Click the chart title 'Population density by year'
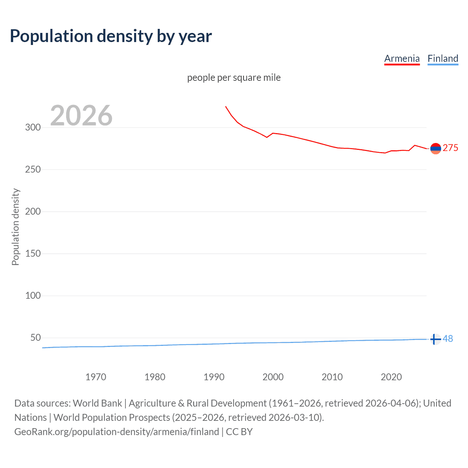[x=111, y=36]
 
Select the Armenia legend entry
[x=402, y=58]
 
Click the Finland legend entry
[x=443, y=58]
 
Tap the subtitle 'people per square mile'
[x=234, y=78]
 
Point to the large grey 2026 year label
[x=81, y=116]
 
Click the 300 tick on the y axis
[x=33, y=128]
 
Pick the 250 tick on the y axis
[x=33, y=170]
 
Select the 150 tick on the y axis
[x=33, y=254]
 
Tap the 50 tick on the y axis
[x=35, y=338]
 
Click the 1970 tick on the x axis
[x=96, y=377]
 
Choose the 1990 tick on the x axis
[x=214, y=377]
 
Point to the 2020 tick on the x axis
[x=391, y=377]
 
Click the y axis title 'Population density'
[x=15, y=227]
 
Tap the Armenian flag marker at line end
[x=435, y=148]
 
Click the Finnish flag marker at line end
[x=435, y=339]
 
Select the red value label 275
[x=450, y=148]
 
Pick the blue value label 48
[x=448, y=339]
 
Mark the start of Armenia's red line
[x=226, y=106]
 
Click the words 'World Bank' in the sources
[x=97, y=403]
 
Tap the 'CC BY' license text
[x=239, y=432]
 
